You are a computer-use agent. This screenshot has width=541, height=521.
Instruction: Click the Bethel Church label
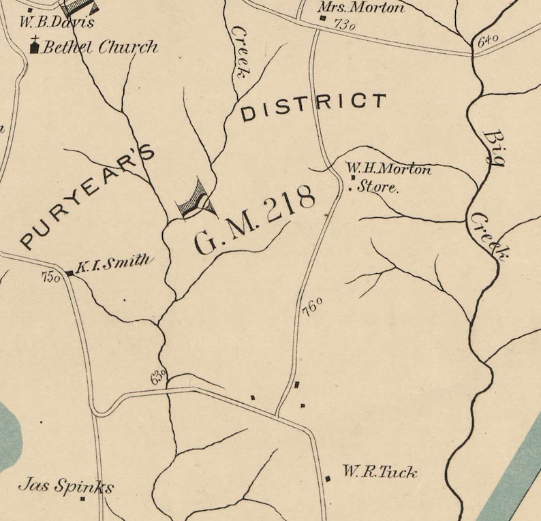coord(100,47)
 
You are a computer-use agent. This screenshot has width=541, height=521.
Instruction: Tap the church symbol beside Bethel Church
coord(35,46)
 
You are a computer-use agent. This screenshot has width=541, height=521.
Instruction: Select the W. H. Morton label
coord(388,168)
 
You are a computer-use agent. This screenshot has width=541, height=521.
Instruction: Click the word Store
coord(377,186)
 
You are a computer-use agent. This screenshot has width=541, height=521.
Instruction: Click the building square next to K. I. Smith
coord(69,274)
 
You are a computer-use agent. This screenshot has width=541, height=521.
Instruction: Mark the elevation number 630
coord(158,377)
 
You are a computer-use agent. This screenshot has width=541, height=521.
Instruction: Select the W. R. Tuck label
coord(380,471)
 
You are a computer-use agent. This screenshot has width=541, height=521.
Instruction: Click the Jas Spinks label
coord(65,486)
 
